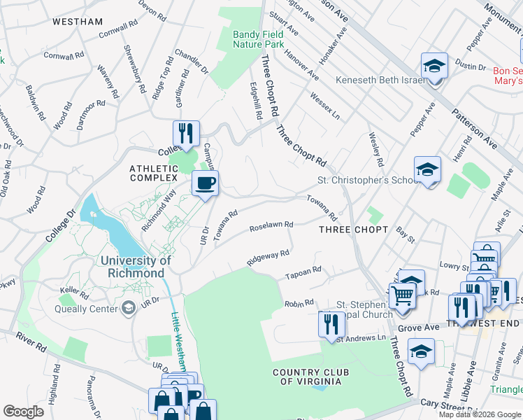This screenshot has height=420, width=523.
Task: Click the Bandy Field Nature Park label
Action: coord(258,39)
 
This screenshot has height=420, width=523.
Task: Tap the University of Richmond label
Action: coord(136,267)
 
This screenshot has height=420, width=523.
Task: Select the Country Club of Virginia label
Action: coord(307,376)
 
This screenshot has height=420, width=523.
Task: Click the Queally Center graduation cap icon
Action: coord(128,307)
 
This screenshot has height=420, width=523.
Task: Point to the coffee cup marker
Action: coord(205,184)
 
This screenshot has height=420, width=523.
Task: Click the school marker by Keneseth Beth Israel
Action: coord(434,67)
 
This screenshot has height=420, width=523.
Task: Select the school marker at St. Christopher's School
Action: coord(427,170)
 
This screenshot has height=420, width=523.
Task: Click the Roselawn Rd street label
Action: coord(271,227)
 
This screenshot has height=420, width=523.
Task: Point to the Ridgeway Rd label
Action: coord(267,257)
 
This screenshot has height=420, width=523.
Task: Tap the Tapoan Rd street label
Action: coord(302,272)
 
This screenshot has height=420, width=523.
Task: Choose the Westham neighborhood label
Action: coord(78,22)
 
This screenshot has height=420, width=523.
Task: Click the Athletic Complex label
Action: coord(154,173)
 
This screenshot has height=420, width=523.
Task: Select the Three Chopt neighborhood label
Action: coord(353,229)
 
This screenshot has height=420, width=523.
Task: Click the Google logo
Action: coord(23,412)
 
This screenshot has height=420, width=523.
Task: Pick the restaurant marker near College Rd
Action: coord(186,134)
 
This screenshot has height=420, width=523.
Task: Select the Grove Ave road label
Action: coord(418,328)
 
